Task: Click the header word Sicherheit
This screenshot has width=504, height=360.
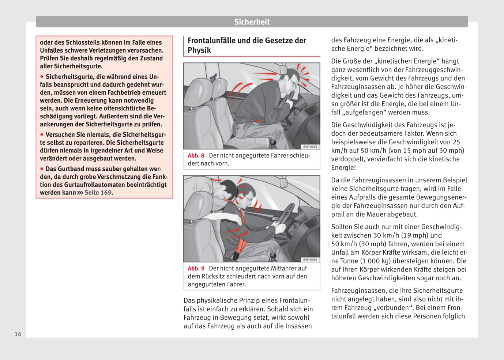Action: pyautogui.click(x=252, y=22)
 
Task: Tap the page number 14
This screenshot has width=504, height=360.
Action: pyautogui.click(x=18, y=334)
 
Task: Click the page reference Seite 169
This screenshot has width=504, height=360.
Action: pyautogui.click(x=98, y=193)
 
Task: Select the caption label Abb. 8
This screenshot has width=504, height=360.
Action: pyautogui.click(x=196, y=155)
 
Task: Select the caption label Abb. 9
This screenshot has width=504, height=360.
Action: pyautogui.click(x=196, y=268)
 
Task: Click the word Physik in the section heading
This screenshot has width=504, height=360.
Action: pyautogui.click(x=199, y=50)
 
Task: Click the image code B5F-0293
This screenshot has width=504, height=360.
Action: pyautogui.click(x=310, y=147)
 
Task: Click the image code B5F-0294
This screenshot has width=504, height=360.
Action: pyautogui.click(x=310, y=259)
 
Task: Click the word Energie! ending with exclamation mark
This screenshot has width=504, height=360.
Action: pyautogui.click(x=343, y=167)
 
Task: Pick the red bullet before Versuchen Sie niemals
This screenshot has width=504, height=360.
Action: pyautogui.click(x=42, y=134)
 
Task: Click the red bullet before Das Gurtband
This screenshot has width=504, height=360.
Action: pyautogui.click(x=42, y=169)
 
